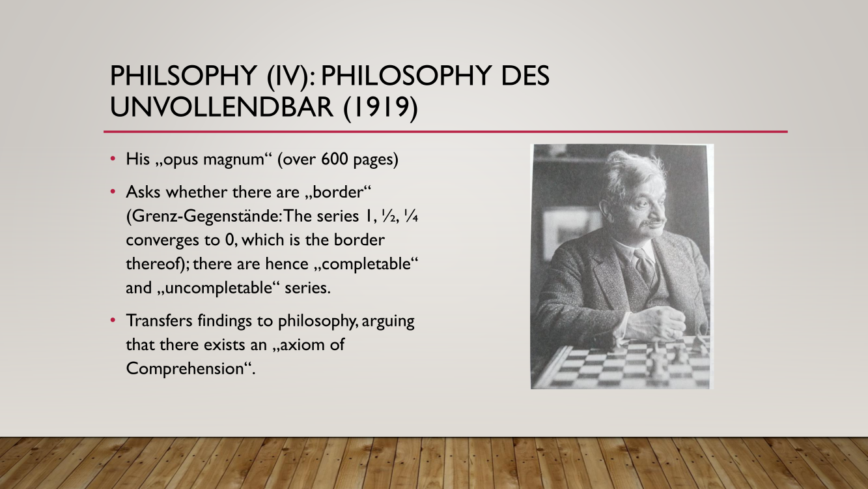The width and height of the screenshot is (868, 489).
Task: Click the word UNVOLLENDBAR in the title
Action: point(221,107)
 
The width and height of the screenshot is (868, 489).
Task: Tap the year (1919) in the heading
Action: point(381,108)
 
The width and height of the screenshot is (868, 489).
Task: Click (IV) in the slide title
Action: point(292,76)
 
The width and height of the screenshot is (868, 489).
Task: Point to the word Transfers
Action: point(159,321)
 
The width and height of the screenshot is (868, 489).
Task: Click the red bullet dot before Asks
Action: point(113,191)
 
